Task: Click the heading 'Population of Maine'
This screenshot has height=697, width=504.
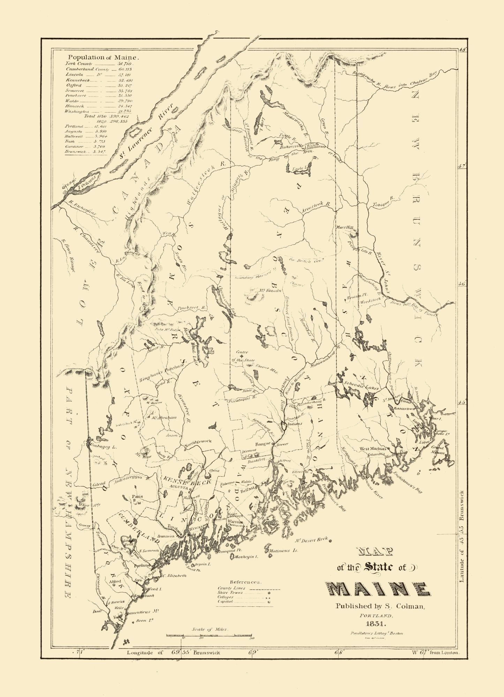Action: point(104,57)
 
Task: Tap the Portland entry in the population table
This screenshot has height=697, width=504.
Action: point(74,126)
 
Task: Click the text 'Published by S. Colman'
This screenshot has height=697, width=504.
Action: point(380,606)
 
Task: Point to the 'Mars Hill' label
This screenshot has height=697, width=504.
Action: point(345,227)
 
